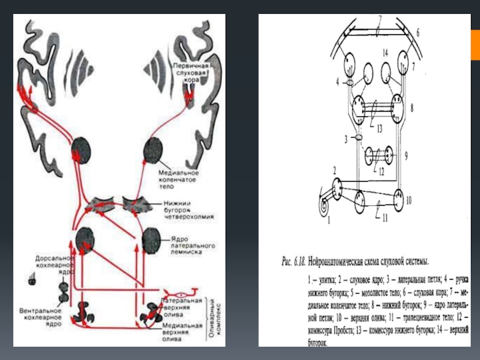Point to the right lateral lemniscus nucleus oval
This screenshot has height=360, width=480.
(152, 239)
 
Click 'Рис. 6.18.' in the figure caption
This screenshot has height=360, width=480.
(294, 262)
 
